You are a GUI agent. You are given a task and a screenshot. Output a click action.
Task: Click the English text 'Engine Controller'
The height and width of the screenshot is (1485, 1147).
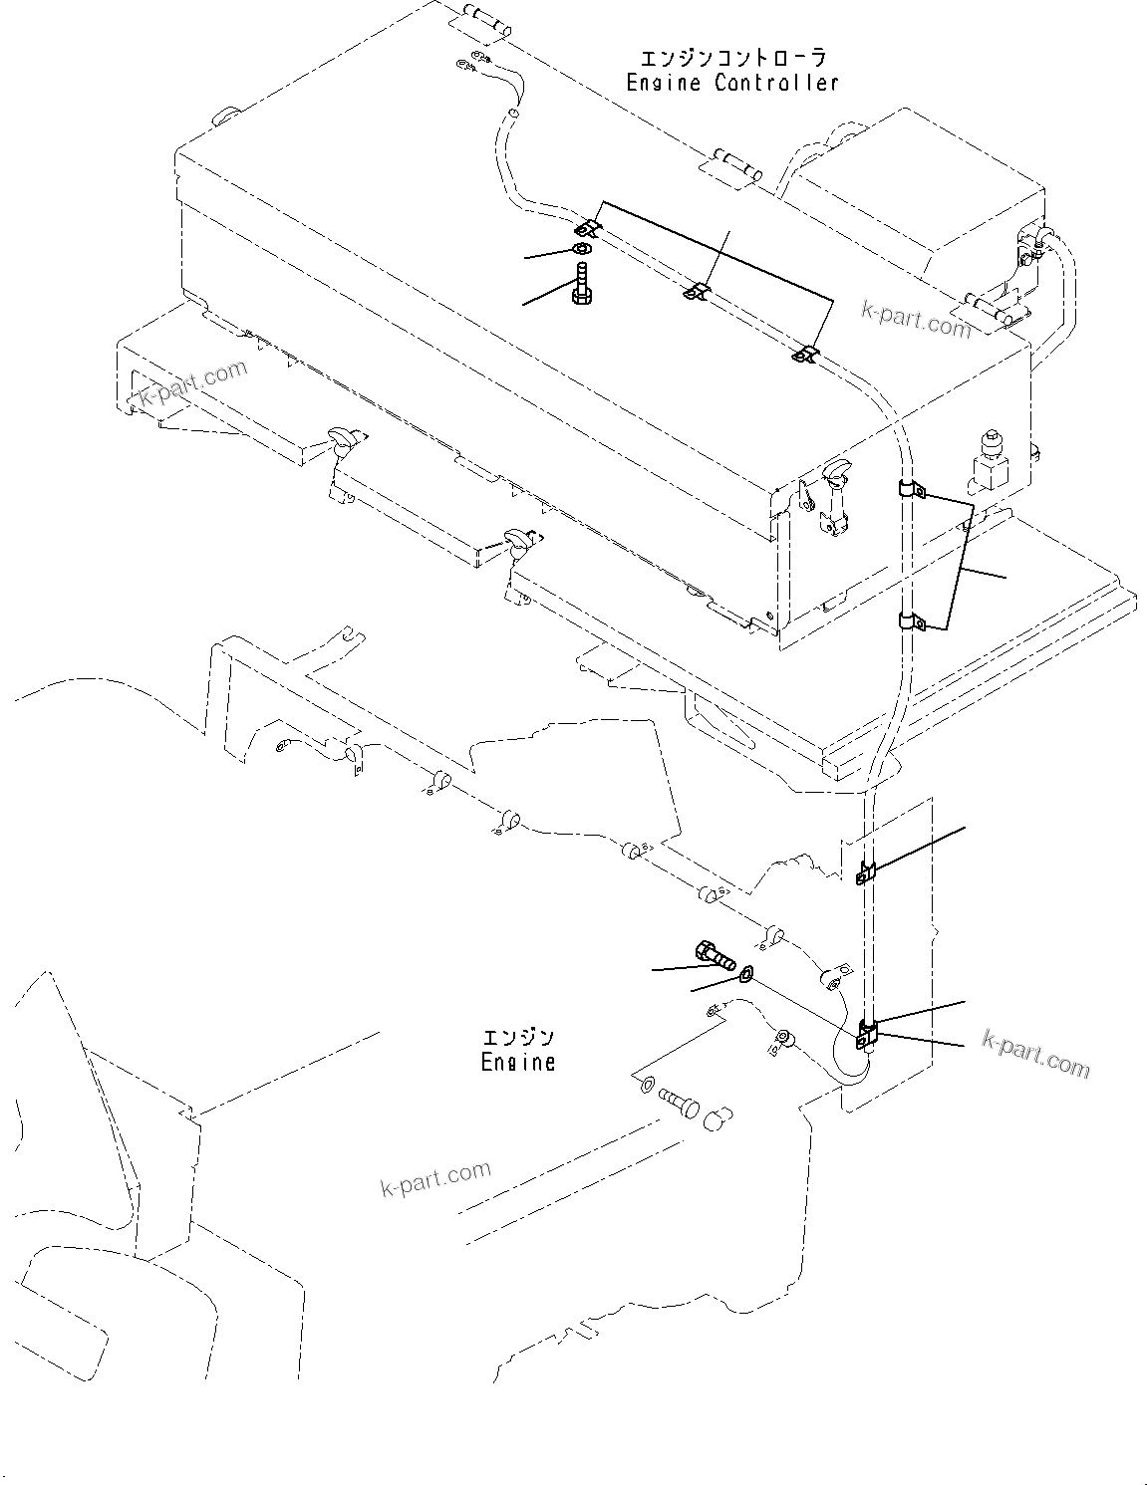tap(732, 83)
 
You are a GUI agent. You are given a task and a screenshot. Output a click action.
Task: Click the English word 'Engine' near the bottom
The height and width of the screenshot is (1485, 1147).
tap(517, 1062)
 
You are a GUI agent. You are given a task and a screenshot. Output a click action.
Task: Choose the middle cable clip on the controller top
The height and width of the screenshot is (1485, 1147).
tap(698, 291)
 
